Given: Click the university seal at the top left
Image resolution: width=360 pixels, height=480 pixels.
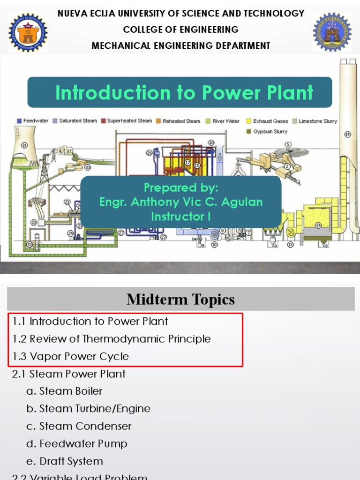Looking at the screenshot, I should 28,32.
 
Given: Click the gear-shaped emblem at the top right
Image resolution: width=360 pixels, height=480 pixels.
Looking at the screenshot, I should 331,32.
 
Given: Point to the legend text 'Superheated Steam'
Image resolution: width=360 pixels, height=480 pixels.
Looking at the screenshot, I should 129,121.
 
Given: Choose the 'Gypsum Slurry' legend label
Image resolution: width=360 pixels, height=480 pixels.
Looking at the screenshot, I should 270,132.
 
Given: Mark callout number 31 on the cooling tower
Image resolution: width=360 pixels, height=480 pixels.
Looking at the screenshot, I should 24,145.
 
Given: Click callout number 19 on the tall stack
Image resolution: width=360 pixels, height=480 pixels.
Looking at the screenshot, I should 347,135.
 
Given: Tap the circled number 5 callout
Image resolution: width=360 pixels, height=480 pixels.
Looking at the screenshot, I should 288,144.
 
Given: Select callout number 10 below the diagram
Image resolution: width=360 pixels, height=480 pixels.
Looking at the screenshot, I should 214,245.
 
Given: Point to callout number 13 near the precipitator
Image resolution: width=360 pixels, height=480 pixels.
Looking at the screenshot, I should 290,245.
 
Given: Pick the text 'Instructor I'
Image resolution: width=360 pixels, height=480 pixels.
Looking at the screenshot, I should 180,216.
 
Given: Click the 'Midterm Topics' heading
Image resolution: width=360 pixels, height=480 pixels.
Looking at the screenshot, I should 180,300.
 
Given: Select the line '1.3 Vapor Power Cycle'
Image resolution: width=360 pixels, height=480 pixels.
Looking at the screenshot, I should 71,356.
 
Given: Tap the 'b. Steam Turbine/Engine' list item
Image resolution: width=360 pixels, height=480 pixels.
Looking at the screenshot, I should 88,409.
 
